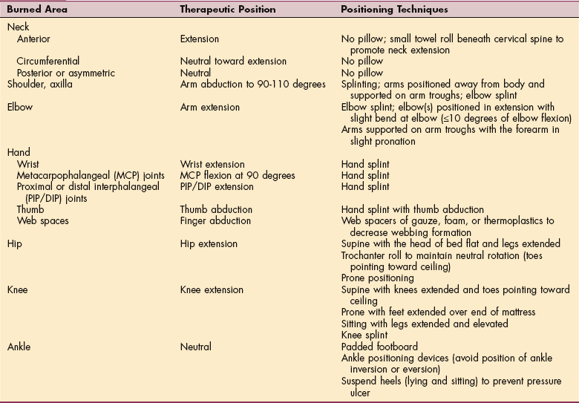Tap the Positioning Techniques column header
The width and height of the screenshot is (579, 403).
(393, 10)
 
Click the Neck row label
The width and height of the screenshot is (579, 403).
(18, 27)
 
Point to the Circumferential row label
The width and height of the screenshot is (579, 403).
(48, 62)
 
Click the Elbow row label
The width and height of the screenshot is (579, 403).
(20, 107)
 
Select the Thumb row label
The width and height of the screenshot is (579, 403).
(31, 209)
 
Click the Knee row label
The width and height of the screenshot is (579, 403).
(18, 289)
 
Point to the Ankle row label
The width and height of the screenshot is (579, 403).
(19, 346)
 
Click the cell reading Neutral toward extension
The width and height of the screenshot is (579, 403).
(233, 62)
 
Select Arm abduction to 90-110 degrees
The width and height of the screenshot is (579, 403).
(253, 85)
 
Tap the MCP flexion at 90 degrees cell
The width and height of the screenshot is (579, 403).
(238, 175)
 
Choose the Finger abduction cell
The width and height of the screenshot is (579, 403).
(216, 220)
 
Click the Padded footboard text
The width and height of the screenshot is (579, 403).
(379, 346)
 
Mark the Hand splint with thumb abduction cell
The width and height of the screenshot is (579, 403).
(412, 209)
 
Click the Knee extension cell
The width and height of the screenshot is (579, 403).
(212, 289)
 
